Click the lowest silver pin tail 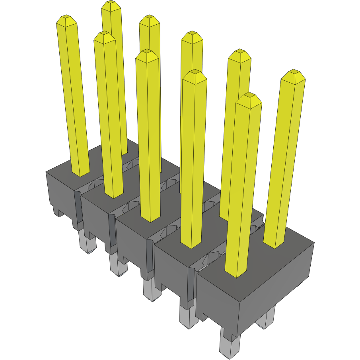coord(230,344)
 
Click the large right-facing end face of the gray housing coord(274,278)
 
